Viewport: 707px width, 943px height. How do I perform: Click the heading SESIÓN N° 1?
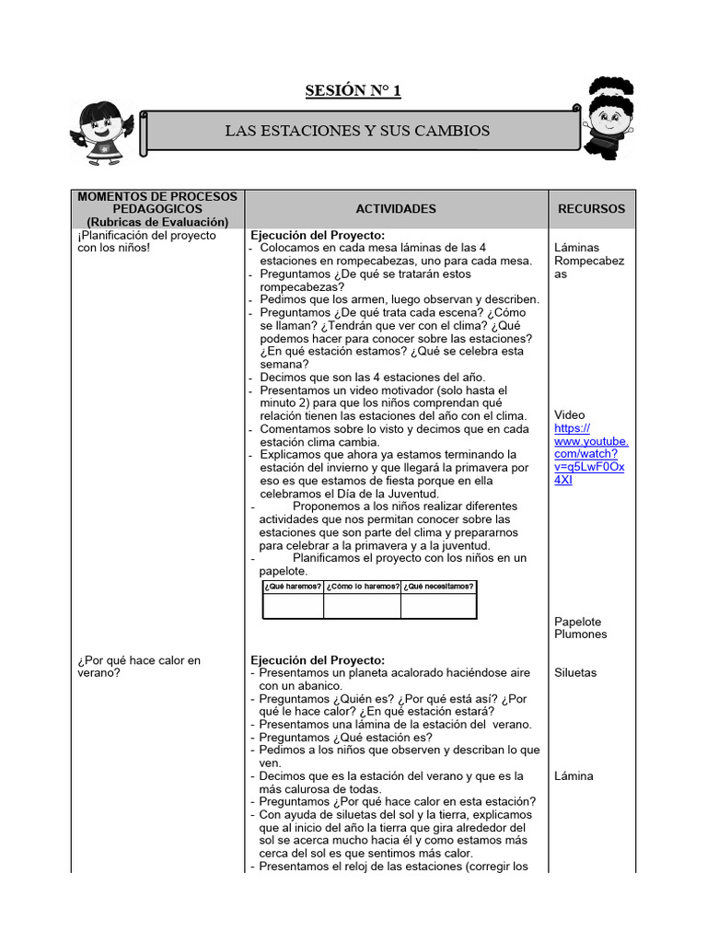coord(353,90)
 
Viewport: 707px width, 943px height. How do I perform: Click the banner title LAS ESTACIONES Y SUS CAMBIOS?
coord(357,131)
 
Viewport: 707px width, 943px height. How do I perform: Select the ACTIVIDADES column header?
coord(396,209)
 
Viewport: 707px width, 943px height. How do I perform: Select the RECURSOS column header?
coord(591,209)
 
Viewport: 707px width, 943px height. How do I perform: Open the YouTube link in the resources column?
coord(590,454)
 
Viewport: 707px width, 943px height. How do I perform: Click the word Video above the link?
coord(569,415)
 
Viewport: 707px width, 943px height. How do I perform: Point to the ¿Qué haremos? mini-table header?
coord(293,587)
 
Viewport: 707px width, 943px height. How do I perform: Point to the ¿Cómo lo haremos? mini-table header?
coord(362,587)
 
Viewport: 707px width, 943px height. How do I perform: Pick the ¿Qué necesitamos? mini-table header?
coord(438,587)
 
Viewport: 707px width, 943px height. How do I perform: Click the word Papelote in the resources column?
coord(578,622)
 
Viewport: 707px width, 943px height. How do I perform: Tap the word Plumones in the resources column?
coord(580,634)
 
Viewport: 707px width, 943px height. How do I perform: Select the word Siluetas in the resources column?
coord(575,672)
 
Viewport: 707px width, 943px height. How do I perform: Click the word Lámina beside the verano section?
coord(574,775)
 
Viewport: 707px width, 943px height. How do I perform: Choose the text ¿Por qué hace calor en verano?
coord(138,666)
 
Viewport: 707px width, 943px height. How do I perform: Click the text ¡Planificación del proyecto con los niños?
coord(146,241)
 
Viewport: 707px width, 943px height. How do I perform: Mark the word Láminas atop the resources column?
coord(576,248)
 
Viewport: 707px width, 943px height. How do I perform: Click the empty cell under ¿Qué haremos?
coord(293,606)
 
